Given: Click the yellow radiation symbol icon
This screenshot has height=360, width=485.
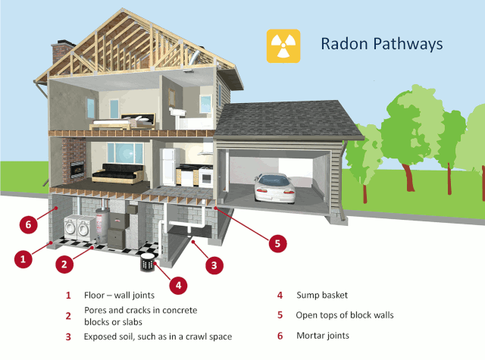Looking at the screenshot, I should pyautogui.click(x=283, y=45).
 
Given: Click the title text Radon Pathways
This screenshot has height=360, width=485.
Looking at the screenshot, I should pyautogui.click(x=380, y=45).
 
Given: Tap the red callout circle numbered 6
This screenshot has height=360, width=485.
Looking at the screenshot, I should pyautogui.click(x=28, y=224).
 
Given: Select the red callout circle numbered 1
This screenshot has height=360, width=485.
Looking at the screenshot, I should pyautogui.click(x=24, y=258).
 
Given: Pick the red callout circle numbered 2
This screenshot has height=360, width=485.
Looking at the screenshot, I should pyautogui.click(x=66, y=265).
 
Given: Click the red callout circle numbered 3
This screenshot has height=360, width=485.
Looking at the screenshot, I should pyautogui.click(x=214, y=265).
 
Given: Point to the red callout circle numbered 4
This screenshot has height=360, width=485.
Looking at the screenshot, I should pyautogui.click(x=179, y=285).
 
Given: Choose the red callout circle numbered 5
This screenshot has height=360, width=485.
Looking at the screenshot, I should pyautogui.click(x=278, y=243).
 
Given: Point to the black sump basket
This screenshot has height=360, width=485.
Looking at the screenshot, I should pyautogui.click(x=147, y=265).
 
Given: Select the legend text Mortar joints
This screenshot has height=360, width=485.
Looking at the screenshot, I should pyautogui.click(x=324, y=335).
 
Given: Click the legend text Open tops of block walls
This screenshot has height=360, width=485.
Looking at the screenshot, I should pyautogui.click(x=346, y=315).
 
